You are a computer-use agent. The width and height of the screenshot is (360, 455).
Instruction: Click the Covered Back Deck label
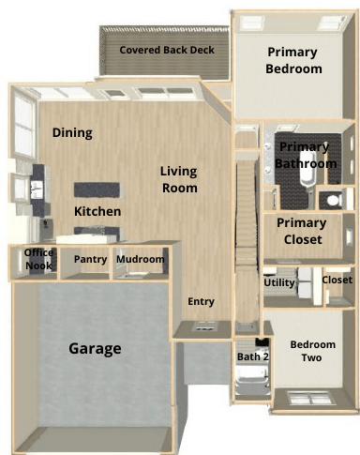167,50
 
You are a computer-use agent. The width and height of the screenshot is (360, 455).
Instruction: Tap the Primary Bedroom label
293,60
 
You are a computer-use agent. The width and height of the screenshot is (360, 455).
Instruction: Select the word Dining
72,133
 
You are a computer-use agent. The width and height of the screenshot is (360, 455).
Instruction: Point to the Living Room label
179,179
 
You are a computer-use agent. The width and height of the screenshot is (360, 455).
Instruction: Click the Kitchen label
97,211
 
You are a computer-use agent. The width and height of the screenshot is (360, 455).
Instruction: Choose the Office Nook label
38,259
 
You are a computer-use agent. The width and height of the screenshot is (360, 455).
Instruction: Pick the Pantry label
90,259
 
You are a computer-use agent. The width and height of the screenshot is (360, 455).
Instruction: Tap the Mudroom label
141,259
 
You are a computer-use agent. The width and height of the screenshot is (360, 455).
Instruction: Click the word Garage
95,349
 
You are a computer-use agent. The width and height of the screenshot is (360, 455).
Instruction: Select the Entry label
201,301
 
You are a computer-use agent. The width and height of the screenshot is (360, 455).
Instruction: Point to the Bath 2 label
253,356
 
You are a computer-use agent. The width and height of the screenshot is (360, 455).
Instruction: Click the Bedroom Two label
312,351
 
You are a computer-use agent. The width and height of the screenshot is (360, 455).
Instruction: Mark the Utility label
279,282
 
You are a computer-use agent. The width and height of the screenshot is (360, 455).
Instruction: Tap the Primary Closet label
302,231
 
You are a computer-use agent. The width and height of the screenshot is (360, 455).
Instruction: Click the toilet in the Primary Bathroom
334,200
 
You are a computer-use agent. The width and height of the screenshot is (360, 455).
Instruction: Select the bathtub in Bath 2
252,381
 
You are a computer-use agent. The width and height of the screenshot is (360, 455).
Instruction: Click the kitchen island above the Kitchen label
97,190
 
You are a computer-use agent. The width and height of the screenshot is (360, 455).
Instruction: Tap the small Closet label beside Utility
337,280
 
